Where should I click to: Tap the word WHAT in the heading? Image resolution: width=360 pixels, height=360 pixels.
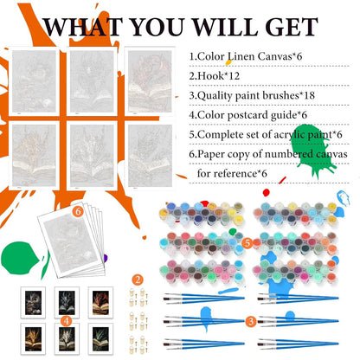point(83,27)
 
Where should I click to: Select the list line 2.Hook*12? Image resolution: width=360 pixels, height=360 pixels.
point(215,76)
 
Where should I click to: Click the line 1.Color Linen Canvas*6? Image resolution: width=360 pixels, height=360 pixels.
point(246,56)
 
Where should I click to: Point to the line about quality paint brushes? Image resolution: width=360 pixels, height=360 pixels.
point(252,95)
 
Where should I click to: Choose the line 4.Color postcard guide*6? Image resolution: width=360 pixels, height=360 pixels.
point(248,115)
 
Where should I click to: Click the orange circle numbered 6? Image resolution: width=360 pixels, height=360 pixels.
point(78,212)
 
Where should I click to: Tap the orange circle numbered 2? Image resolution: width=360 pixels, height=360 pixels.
point(138,280)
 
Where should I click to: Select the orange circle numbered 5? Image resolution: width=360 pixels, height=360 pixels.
point(247,243)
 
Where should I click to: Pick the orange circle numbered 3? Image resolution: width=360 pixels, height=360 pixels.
point(251,321)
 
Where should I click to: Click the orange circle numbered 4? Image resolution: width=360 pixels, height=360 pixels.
point(67,321)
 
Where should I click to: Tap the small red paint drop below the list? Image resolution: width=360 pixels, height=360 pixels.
point(266,192)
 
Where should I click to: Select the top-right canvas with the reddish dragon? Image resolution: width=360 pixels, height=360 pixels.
point(150,81)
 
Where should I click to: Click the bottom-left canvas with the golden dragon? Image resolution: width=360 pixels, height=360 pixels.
point(34,155)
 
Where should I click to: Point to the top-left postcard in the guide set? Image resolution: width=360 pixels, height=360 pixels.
point(33,302)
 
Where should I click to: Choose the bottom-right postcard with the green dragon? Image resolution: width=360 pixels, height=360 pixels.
point(100,339)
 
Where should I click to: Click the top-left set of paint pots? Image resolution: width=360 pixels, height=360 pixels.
point(202,215)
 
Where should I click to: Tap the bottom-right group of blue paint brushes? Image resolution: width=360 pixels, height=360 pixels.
point(298,344)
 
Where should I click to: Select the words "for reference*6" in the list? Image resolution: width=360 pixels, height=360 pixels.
point(232,174)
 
